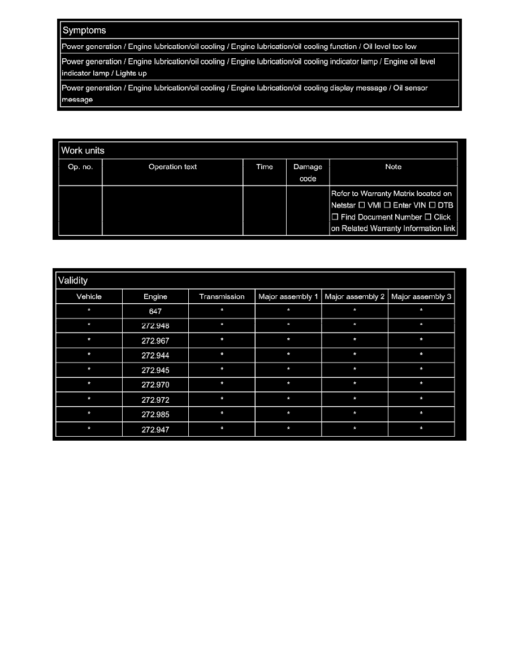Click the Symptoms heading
(84, 30)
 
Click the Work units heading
(82, 150)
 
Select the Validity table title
(73, 280)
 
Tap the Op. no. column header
(80, 167)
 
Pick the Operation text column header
(172, 167)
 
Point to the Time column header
(265, 167)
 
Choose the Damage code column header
(308, 173)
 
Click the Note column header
(393, 167)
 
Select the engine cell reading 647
(155, 311)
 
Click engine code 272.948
(155, 326)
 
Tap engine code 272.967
(155, 341)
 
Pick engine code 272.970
(155, 385)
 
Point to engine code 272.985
(155, 415)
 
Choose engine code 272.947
(155, 429)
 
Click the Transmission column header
(222, 296)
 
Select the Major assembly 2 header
(354, 296)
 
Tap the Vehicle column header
(89, 296)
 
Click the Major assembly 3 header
(421, 296)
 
